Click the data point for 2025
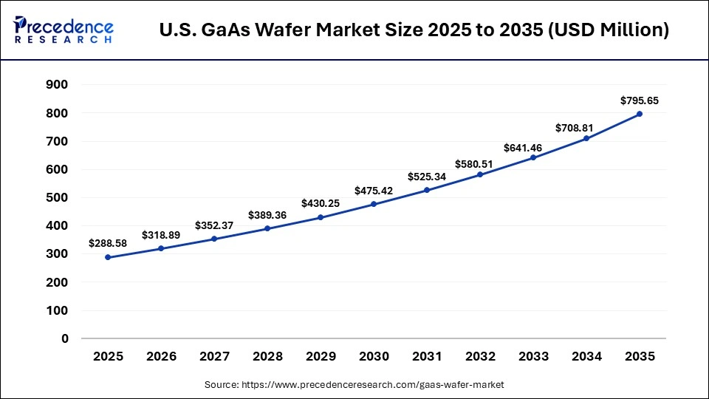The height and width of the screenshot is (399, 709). pos(108,257)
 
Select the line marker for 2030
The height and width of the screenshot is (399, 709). pos(374,204)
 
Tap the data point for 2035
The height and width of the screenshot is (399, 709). pos(640,114)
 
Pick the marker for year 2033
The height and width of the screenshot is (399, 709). pos(533,157)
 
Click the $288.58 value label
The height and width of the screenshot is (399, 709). pos(108,242)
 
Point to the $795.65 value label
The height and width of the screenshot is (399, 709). pos(640,100)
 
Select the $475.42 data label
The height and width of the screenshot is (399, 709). pos(374,190)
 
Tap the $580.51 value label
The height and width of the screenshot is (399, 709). pos(480,160)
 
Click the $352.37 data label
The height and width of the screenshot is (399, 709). pos(214,225)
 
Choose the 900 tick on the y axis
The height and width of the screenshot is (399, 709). pos(58,85)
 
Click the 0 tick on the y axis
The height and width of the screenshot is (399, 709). pos(65,338)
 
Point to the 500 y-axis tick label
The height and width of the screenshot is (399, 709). pos(58,198)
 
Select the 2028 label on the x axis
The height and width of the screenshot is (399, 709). pos(267,356)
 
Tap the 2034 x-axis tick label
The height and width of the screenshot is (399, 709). pos(586,356)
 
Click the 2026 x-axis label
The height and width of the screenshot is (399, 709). pos(161,356)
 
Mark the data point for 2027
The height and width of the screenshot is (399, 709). pos(214,239)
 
